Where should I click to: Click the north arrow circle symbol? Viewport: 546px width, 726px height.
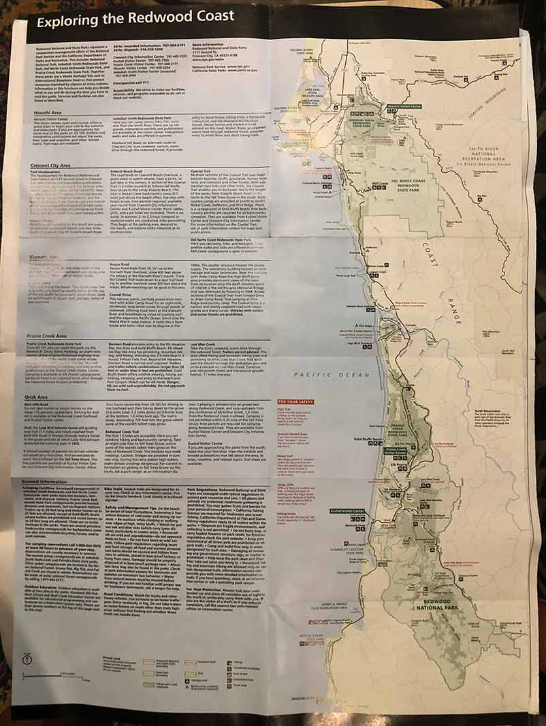(x=26, y=659)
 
